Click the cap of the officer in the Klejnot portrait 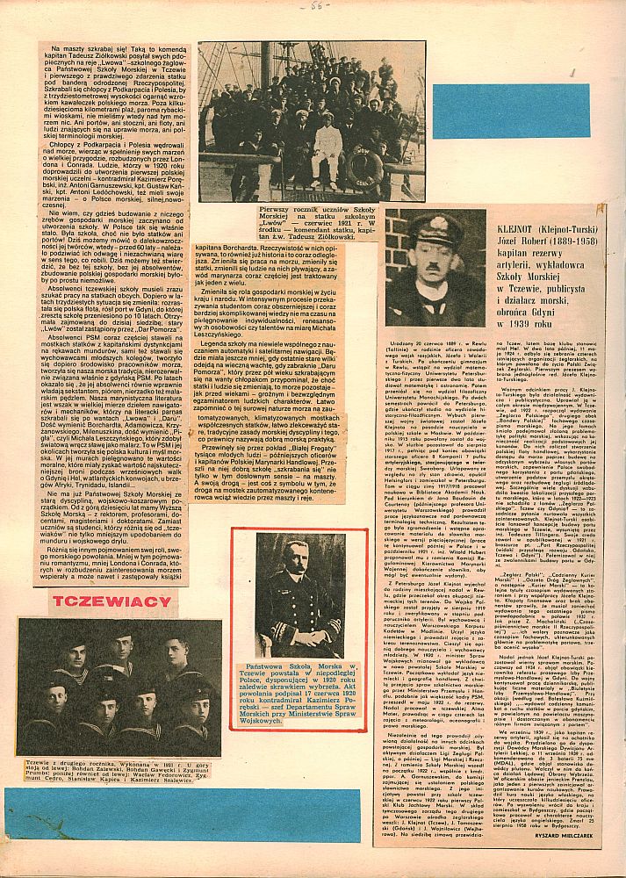436,230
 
